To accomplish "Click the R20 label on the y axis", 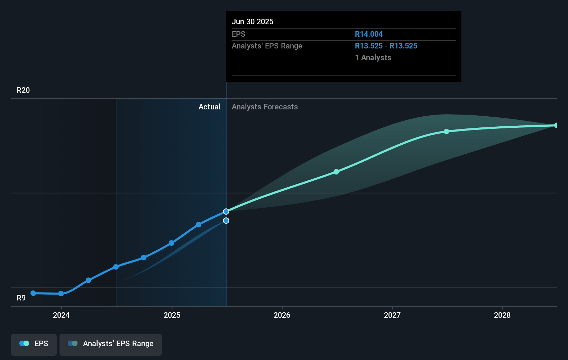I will [23, 90].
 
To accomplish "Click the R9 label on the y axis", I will [21, 298].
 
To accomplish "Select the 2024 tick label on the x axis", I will [61, 315].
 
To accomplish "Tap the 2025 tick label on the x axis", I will [172, 315].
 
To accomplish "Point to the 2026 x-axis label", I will [282, 315].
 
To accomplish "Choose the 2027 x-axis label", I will [392, 315].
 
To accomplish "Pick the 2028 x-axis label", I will [502, 315].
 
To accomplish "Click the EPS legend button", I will [34, 344].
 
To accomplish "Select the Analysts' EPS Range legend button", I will [111, 344].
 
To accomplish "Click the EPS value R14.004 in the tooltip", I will [369, 34].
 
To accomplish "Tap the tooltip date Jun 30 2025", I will [253, 21].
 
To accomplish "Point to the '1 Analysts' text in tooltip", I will [373, 57].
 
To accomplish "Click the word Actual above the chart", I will [209, 107].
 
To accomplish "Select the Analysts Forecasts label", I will [265, 107].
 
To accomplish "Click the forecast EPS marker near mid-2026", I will [336, 172].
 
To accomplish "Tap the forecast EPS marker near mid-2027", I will [447, 132].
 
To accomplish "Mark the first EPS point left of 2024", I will [33, 293].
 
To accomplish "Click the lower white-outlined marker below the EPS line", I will [226, 220].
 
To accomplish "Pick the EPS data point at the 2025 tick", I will [171, 243].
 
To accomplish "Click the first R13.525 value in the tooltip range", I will [369, 46].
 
